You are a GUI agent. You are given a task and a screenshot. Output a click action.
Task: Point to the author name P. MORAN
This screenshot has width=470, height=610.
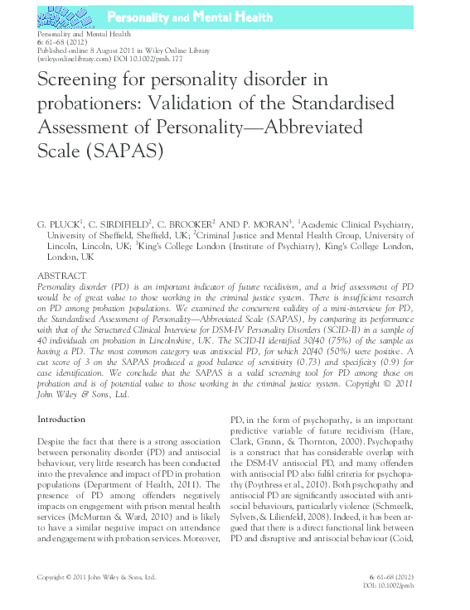pyautogui.click(x=266, y=224)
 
